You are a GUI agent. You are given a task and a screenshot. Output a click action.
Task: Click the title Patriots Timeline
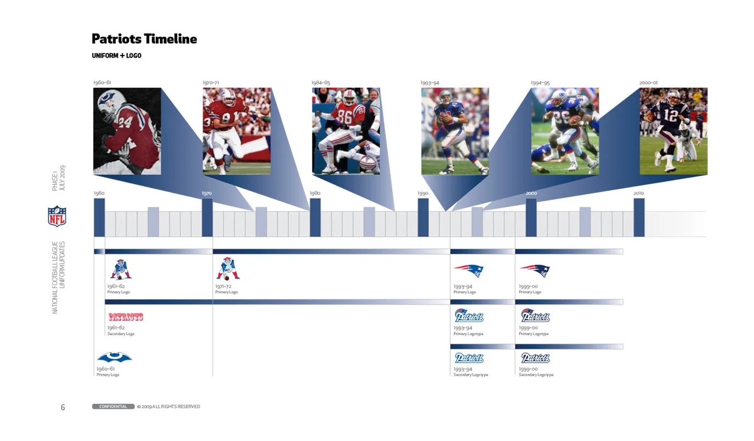tap(144, 39)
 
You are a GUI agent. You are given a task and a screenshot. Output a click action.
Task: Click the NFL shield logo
tap(57, 216)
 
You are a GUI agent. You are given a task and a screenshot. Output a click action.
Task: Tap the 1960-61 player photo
tap(127, 131)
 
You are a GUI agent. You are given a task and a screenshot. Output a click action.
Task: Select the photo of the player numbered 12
tap(673, 131)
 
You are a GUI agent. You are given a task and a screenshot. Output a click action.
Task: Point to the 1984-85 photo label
tap(321, 83)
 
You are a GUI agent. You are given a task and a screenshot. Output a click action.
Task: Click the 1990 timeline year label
tap(423, 194)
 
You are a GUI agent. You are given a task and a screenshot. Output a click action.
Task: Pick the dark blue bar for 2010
tap(639, 217)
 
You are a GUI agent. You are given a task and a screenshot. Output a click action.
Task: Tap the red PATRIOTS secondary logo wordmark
tap(126, 317)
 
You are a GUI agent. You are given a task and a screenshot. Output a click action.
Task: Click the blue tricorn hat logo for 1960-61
tap(114, 358)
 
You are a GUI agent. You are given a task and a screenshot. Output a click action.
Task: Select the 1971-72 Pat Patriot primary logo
tap(228, 269)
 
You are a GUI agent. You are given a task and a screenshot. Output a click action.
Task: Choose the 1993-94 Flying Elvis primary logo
tap(468, 270)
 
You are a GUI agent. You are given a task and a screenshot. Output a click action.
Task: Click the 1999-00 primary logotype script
tap(535, 316)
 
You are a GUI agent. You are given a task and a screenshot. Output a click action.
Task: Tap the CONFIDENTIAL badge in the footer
tap(113, 406)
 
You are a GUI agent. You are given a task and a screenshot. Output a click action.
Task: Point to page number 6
tap(63, 407)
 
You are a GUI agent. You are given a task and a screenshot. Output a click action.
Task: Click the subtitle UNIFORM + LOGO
tap(116, 55)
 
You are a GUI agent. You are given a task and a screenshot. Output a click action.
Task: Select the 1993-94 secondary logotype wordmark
tap(469, 358)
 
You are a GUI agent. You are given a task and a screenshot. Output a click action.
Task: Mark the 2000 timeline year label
tap(531, 194)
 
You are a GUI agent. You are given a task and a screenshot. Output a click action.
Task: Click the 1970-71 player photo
tap(236, 131)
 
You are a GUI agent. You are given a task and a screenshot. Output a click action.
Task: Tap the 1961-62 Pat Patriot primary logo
tap(121, 269)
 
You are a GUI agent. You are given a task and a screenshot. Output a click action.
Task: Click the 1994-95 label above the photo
tap(540, 83)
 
